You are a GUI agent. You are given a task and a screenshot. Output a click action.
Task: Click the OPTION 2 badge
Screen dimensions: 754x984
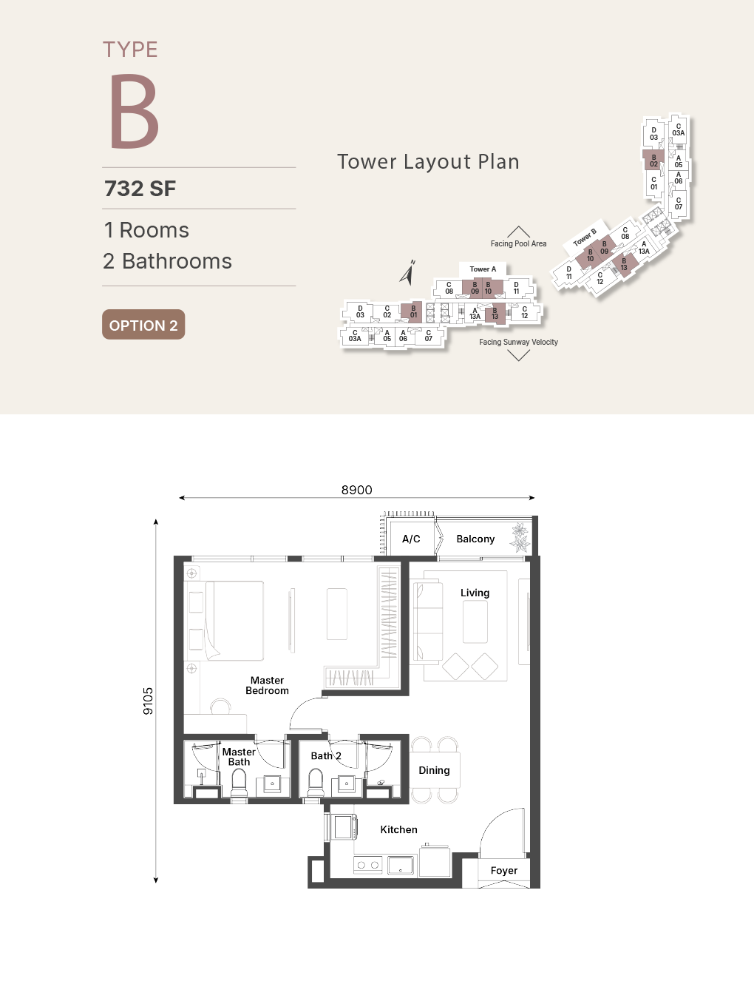point(143,324)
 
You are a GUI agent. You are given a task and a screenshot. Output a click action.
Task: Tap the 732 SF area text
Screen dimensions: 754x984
point(140,189)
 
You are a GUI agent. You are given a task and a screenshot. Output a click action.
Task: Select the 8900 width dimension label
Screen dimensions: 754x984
point(356,490)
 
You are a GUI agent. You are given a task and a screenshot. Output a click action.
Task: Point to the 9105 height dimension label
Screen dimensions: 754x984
point(148,701)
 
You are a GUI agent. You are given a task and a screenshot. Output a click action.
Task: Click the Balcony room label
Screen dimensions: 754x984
point(475,539)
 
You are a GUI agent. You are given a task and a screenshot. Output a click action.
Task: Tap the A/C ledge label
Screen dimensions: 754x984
point(411,539)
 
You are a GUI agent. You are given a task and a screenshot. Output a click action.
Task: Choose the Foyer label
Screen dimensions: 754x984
point(504,870)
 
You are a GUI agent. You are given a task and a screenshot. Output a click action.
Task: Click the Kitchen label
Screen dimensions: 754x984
point(398,829)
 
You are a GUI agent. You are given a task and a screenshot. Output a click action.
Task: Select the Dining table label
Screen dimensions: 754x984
point(434,770)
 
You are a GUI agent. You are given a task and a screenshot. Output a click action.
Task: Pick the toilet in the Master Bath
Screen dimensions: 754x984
point(240,783)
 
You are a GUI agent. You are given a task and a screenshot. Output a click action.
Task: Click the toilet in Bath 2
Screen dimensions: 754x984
point(316,783)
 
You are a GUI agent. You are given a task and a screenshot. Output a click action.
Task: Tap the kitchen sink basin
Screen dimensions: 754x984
point(401,865)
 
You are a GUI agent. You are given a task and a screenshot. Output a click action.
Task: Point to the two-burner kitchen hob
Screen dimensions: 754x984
point(367,865)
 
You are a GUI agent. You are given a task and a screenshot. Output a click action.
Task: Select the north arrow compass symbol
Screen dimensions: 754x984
point(408,273)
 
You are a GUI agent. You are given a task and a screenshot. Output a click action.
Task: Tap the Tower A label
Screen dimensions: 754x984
point(483,269)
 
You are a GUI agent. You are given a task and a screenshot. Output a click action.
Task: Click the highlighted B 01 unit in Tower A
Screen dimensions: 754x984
point(412,311)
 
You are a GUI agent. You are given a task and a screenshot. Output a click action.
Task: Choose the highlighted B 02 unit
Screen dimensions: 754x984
point(653,161)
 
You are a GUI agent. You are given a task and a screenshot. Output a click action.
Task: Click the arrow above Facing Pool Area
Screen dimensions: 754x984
point(518,232)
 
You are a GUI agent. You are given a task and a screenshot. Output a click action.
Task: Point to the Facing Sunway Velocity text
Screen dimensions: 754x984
point(518,342)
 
